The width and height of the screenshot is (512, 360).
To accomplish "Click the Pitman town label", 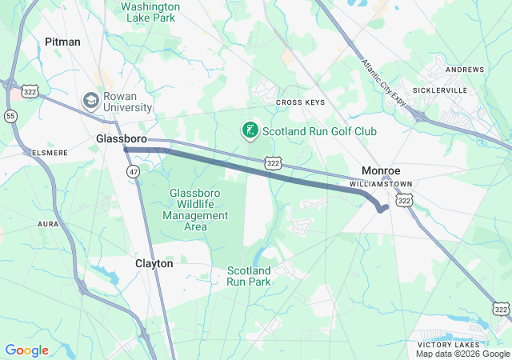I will click(62, 42).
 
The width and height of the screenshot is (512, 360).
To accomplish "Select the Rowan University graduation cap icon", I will click(90, 101).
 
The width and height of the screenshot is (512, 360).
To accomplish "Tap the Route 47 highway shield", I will click(131, 170).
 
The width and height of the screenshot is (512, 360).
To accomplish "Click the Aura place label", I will click(48, 225).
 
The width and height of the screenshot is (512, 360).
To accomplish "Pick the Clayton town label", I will click(154, 263).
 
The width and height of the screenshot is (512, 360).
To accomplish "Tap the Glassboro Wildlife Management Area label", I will click(198, 204).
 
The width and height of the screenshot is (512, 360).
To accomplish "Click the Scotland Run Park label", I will click(249, 276).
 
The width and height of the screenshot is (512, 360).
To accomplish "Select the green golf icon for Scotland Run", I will click(250, 130).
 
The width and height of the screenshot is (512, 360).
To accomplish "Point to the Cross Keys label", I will click(300, 102).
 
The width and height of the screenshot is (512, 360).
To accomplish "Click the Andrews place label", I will click(465, 70).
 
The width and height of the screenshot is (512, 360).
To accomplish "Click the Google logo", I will click(26, 350).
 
